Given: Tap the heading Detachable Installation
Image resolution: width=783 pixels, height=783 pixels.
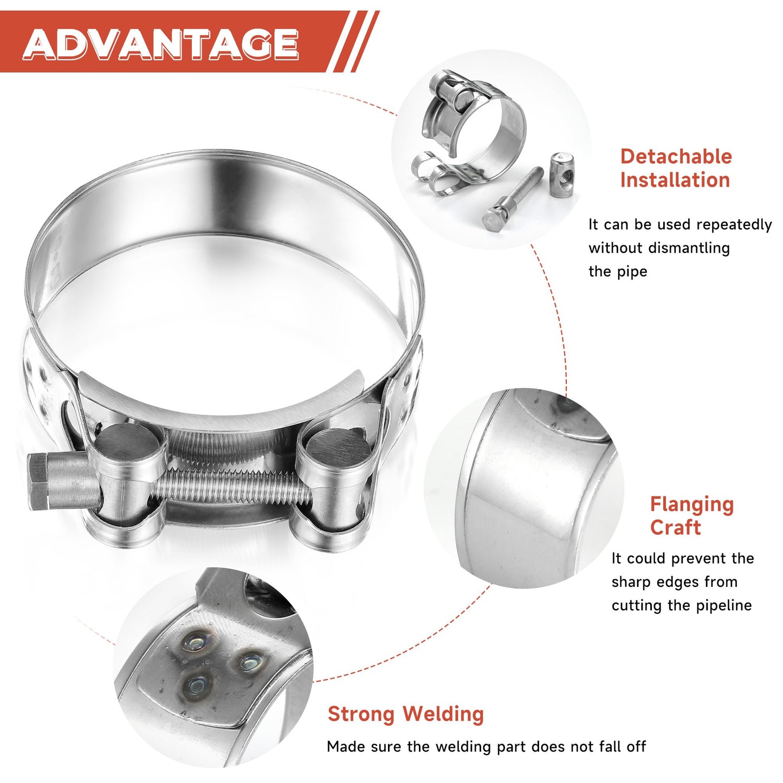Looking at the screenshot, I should [676, 168].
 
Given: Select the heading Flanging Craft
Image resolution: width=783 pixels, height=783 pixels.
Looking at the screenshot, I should [691, 515].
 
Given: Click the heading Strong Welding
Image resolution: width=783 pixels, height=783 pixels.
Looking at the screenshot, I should [405, 714].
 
